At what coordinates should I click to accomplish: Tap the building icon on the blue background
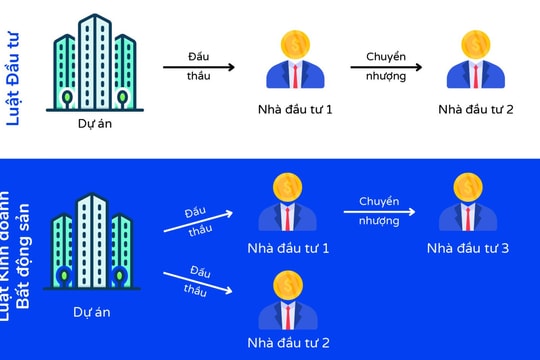91,240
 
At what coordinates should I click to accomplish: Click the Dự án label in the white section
92,125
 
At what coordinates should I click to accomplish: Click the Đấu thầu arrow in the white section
199,67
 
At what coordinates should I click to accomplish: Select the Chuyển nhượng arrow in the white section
385,67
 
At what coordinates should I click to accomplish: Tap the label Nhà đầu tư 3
467,247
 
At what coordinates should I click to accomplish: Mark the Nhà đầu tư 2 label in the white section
475,108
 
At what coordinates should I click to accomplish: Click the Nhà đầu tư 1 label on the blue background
289,247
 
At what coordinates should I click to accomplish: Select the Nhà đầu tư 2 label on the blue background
289,343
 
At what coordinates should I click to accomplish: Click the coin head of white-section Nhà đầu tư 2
476,44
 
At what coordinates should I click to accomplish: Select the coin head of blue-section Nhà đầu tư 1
289,187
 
